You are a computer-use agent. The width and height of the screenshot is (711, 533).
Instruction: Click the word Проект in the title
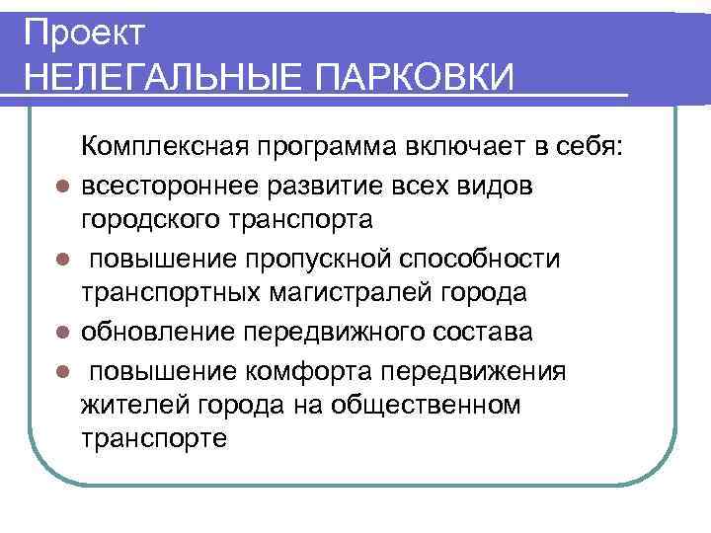[x=84, y=33]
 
